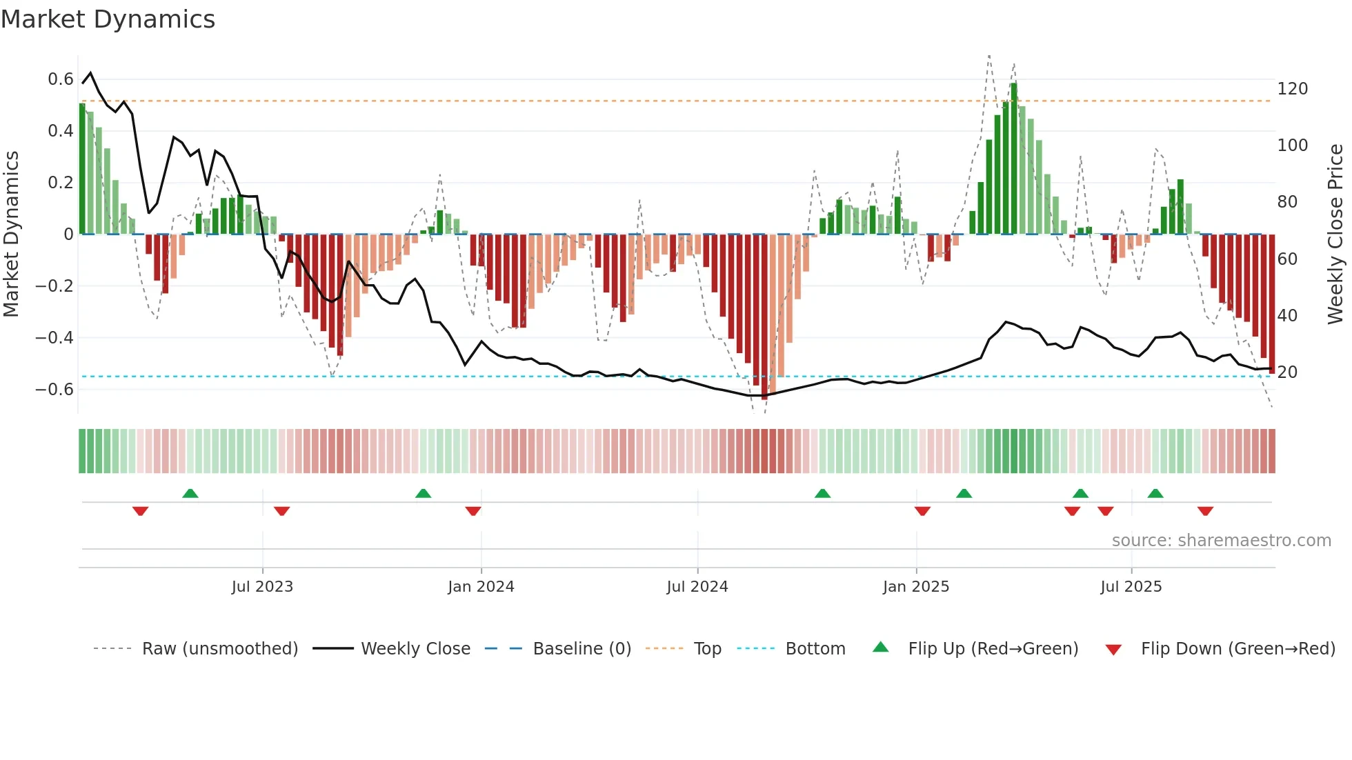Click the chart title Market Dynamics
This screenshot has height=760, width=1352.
(108, 19)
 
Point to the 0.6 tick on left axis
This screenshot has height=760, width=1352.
(61, 79)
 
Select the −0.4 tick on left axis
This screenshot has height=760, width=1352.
(54, 337)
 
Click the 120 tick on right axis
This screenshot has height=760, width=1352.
(1292, 89)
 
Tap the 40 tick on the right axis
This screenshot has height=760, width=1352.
(1287, 316)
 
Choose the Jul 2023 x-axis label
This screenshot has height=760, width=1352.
(262, 587)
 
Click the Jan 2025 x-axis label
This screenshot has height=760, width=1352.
(915, 587)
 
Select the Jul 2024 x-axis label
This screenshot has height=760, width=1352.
(697, 587)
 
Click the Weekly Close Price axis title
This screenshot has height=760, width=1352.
(1335, 234)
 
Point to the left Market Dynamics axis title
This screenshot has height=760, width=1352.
(11, 234)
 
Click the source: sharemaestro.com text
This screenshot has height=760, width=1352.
(1221, 541)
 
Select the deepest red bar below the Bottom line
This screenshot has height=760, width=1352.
(764, 317)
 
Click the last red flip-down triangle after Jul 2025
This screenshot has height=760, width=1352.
(1205, 511)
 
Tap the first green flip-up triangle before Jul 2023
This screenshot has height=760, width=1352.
(190, 493)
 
